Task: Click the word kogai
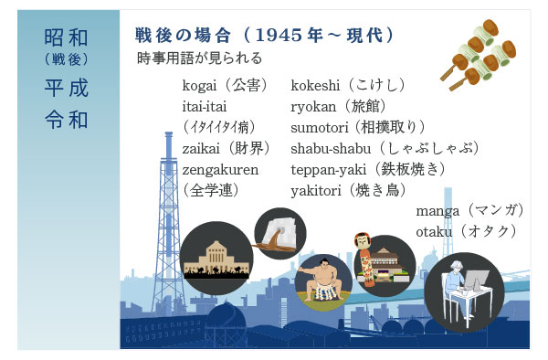(x=201, y=86)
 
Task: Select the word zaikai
(x=203, y=147)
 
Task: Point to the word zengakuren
(x=220, y=168)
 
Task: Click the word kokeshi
(x=316, y=86)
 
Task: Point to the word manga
(x=437, y=211)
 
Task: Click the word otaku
(x=435, y=231)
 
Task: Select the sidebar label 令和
(x=67, y=119)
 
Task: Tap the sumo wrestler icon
(x=322, y=282)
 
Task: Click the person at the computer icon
(x=463, y=285)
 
